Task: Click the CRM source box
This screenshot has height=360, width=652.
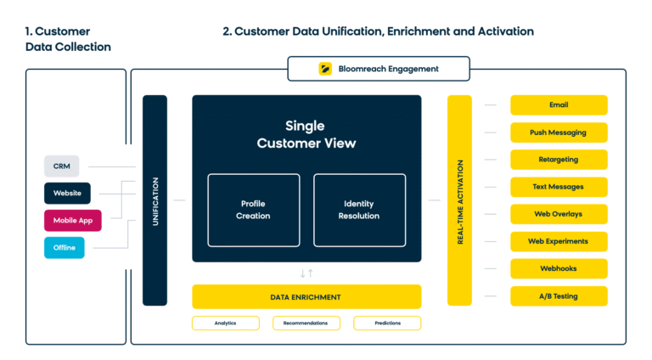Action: click(x=61, y=166)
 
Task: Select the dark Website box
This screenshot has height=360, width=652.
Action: click(x=67, y=194)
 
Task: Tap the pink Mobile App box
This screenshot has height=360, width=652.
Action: click(x=72, y=221)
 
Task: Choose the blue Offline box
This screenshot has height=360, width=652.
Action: click(x=64, y=248)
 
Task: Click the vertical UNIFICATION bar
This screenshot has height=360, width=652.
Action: click(x=155, y=200)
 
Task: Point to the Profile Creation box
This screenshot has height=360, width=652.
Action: click(x=253, y=210)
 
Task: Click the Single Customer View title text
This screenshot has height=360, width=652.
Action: click(x=306, y=134)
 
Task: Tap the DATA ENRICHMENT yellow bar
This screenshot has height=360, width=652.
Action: click(x=306, y=296)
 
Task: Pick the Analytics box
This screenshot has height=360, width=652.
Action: click(x=225, y=323)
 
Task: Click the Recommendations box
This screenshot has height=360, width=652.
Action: click(x=306, y=323)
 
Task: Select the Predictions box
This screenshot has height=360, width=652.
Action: click(x=387, y=323)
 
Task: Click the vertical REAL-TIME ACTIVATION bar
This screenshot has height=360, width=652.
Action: click(x=459, y=200)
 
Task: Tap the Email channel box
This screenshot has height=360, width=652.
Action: click(x=559, y=105)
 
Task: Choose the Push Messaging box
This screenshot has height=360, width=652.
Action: click(x=559, y=132)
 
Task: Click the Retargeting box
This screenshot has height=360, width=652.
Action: click(x=559, y=160)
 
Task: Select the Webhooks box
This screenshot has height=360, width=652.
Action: click(x=559, y=268)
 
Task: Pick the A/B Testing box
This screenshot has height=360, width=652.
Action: click(x=559, y=295)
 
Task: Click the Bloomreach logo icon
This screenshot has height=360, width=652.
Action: click(x=325, y=69)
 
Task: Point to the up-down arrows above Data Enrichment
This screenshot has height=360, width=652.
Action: click(x=306, y=273)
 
